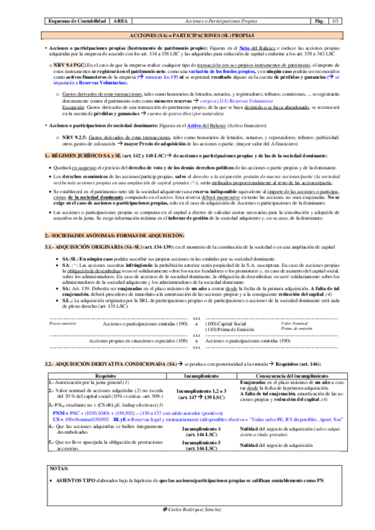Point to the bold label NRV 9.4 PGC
(68, 65)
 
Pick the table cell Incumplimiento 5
(201, 444)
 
